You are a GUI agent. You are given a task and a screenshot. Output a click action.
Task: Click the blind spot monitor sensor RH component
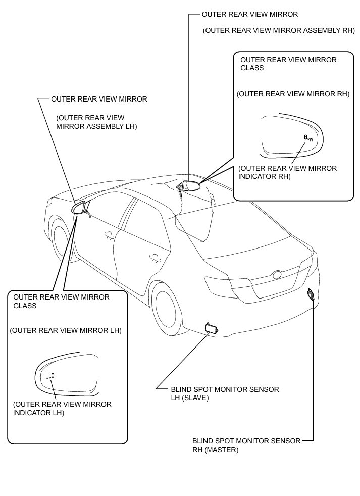[311, 295]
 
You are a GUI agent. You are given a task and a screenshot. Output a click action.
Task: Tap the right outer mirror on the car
[192, 185]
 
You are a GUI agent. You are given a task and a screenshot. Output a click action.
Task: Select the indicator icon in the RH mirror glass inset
[307, 137]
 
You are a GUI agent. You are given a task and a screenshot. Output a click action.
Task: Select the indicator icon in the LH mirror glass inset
[49, 376]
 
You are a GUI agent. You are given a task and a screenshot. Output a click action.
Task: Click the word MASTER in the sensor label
[222, 449]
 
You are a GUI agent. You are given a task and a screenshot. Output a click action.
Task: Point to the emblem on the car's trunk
[277, 276]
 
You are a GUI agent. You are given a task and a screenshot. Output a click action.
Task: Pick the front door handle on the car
[108, 234]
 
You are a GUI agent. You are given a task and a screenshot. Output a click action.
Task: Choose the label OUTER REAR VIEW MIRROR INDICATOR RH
[288, 172]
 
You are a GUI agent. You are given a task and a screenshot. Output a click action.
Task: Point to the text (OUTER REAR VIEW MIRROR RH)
[293, 94]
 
